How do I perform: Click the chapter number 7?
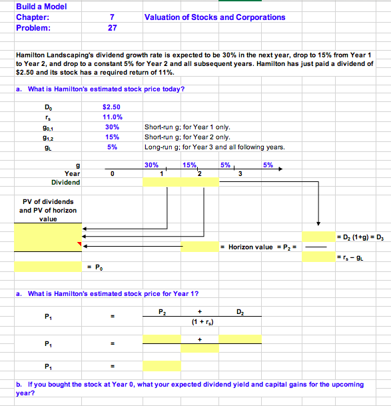click(112, 17)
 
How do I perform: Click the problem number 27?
click(112, 28)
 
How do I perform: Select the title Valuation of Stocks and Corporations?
click(214, 17)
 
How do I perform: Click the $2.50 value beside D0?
click(111, 106)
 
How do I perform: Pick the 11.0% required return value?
click(111, 117)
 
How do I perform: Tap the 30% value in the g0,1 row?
click(112, 127)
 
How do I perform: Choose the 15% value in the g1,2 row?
click(112, 137)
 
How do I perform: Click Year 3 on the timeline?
click(240, 174)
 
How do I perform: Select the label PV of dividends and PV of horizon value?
click(47, 210)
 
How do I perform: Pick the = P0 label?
click(95, 267)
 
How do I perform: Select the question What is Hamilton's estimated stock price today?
click(106, 89)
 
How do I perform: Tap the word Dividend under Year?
click(65, 182)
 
